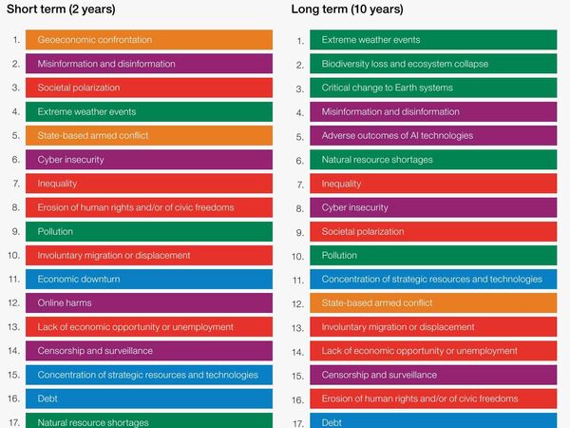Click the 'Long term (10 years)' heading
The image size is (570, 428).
347,10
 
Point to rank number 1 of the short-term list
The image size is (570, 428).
16,40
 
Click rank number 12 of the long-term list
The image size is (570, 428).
298,303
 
